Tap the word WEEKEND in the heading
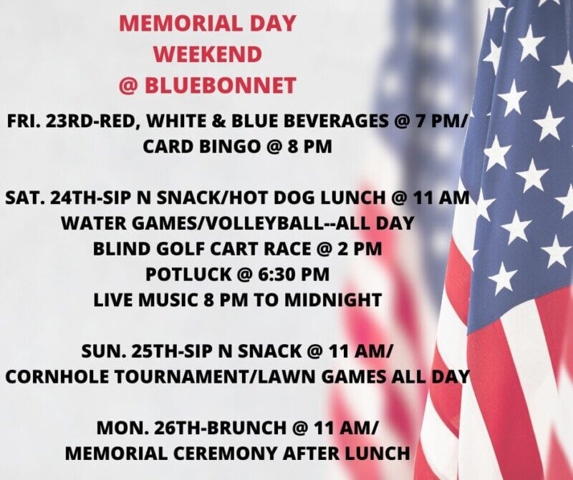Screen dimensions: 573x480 coord(208,54)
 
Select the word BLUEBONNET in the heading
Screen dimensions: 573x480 coord(221,86)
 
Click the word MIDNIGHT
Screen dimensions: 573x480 coord(333,300)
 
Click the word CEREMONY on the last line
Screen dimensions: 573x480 coord(226,454)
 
